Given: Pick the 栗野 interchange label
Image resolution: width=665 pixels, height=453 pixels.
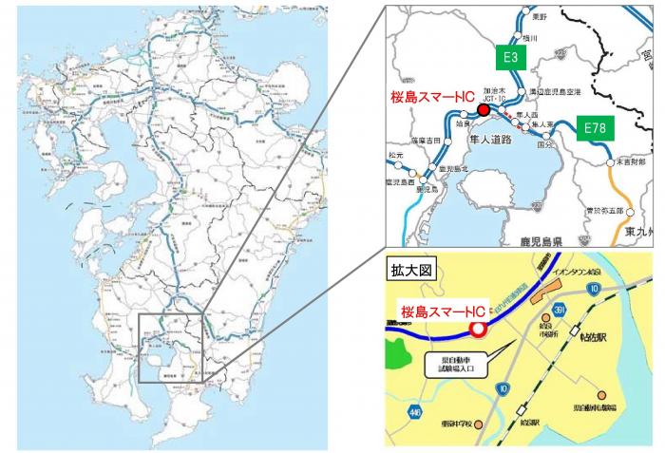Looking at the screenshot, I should tap(541, 17).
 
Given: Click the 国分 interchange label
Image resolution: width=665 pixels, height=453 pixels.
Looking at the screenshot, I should tap(544, 146).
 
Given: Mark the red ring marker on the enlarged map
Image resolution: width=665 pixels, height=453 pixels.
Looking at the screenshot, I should tap(478, 329).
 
